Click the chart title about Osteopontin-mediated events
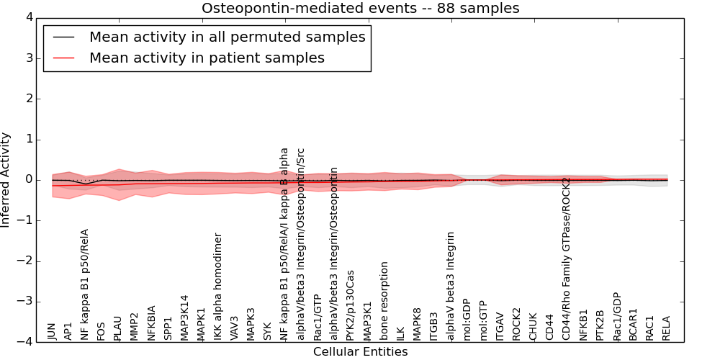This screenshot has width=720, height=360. pyautogui.click(x=360, y=8)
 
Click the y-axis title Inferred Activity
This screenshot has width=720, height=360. pyautogui.click(x=6, y=180)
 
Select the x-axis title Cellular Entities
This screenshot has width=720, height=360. pyautogui.click(x=360, y=352)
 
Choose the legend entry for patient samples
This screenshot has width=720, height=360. pyautogui.click(x=207, y=58)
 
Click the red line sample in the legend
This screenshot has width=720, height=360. pyautogui.click(x=63, y=58)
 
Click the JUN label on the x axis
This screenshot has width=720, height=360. pyautogui.click(x=52, y=331)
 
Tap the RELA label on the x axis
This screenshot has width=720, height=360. pyautogui.click(x=666, y=328)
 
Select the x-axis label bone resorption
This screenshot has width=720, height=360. pyautogui.click(x=384, y=301)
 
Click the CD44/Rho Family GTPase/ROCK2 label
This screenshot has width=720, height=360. pyautogui.click(x=567, y=258)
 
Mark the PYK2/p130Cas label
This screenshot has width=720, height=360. pyautogui.click(x=351, y=305)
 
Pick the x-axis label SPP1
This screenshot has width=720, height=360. pyautogui.click(x=168, y=328)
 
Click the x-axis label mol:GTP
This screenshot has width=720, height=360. pyautogui.click(x=483, y=321)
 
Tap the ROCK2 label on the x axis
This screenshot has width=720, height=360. pyautogui.click(x=516, y=324)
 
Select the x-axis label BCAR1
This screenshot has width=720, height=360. pyautogui.click(x=633, y=325)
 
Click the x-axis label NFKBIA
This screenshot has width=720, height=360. pyautogui.click(x=152, y=323)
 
